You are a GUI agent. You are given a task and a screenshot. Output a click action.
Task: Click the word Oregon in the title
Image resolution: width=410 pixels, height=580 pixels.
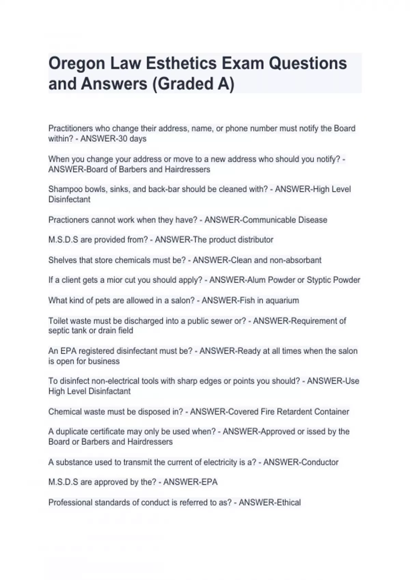(x=77, y=64)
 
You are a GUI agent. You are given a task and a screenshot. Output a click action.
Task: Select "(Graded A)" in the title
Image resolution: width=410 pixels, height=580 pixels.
(x=193, y=84)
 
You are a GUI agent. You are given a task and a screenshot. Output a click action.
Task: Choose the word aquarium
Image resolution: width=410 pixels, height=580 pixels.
(x=282, y=301)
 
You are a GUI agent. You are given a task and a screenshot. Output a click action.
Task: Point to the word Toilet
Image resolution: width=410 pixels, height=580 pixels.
(x=59, y=321)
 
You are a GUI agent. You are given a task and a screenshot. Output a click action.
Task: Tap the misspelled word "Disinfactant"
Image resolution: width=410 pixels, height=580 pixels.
(x=110, y=391)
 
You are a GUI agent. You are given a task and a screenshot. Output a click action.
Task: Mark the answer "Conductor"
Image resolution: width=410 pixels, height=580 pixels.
(x=319, y=462)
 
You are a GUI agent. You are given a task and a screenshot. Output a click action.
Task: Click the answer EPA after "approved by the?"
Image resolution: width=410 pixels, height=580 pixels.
(x=209, y=482)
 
